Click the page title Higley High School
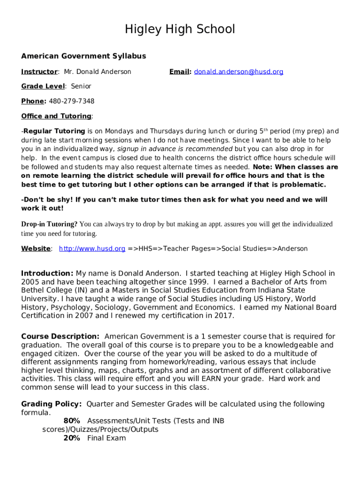(180, 29)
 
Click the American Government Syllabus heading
(84, 56)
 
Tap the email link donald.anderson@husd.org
(239, 72)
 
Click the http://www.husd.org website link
(92, 248)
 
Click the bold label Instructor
(39, 72)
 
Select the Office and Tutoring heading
(56, 116)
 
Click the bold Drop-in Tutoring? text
(50, 224)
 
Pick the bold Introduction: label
(47, 273)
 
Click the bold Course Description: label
(60, 336)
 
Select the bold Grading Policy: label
(52, 404)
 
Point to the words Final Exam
(107, 438)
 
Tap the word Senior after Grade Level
(81, 86)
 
